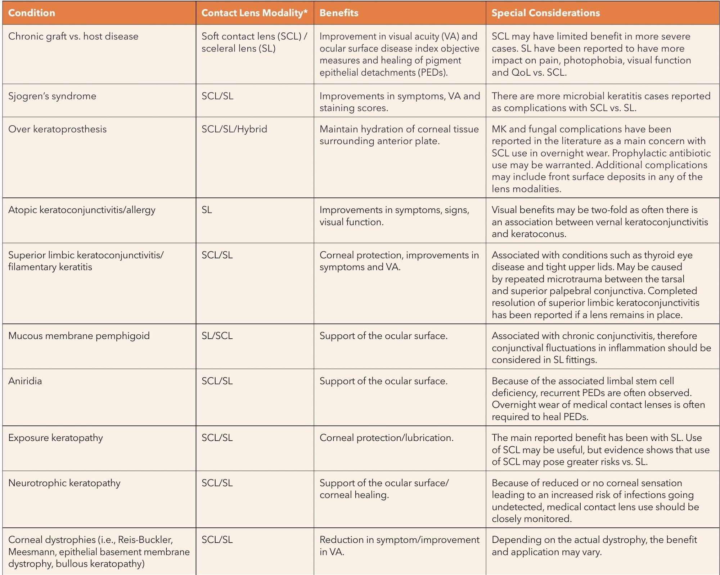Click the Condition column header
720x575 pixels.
point(32,13)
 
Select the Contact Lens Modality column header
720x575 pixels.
point(255,13)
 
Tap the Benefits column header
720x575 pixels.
point(339,13)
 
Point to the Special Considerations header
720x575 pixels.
point(546,13)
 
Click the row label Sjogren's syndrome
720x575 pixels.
point(52,96)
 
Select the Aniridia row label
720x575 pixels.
point(25,381)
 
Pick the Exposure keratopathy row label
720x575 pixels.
point(55,438)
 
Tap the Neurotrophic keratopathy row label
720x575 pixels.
point(64,483)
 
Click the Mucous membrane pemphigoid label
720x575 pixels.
point(79,336)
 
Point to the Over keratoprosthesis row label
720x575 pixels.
point(58,129)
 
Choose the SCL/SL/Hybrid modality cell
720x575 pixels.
point(234,129)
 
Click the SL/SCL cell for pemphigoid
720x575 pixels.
point(217,336)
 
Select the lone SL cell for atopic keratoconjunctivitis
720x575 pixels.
point(207,210)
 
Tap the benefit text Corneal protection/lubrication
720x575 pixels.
point(386,438)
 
